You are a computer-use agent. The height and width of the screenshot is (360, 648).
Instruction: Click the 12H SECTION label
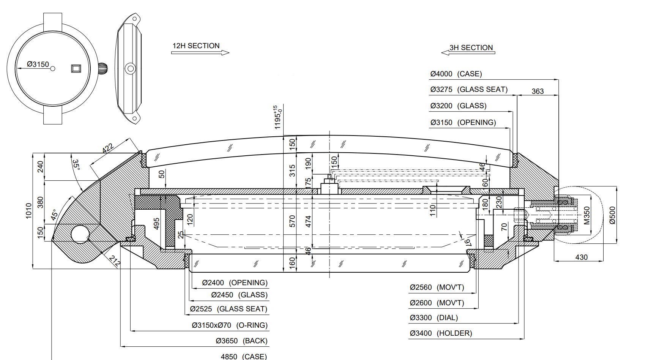click(x=196, y=46)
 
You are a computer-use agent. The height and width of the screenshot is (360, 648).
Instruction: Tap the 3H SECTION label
click(x=471, y=48)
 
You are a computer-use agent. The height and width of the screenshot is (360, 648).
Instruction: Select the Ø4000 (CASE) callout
click(x=456, y=74)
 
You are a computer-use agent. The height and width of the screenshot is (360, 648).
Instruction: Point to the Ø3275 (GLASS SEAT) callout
click(x=469, y=90)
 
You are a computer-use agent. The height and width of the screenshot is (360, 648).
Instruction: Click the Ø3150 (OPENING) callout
click(x=463, y=123)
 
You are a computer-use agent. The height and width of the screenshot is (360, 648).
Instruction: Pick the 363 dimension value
click(x=538, y=91)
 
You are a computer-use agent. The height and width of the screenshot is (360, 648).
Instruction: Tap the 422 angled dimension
click(x=108, y=148)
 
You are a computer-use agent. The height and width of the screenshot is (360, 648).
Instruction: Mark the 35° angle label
click(x=76, y=164)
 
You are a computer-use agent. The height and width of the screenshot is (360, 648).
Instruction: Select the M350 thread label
click(x=587, y=215)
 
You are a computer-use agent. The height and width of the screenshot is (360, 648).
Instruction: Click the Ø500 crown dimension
click(x=612, y=215)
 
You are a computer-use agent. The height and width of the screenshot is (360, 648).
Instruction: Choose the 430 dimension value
click(x=581, y=257)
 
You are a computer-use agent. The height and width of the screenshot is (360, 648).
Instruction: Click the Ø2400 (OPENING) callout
click(x=235, y=283)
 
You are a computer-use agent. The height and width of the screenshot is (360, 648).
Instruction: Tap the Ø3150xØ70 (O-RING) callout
click(x=230, y=325)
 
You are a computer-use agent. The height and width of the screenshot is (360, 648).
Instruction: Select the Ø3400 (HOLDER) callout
click(x=441, y=333)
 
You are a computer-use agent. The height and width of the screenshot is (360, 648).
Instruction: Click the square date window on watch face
click(x=76, y=68)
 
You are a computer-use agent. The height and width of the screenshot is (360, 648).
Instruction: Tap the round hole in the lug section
click(x=80, y=234)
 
